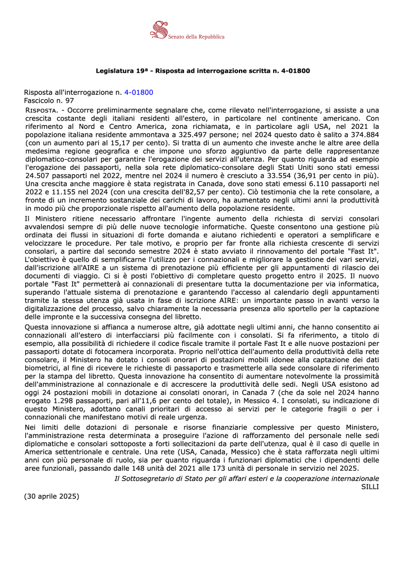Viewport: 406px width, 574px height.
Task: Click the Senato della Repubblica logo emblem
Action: pyautogui.click(x=160, y=31)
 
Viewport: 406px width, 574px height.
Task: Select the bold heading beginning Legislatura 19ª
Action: pyautogui.click(x=203, y=71)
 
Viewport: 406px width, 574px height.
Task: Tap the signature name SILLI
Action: pyautogui.click(x=370, y=487)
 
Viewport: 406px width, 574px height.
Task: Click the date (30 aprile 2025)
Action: pyautogui.click(x=52, y=497)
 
